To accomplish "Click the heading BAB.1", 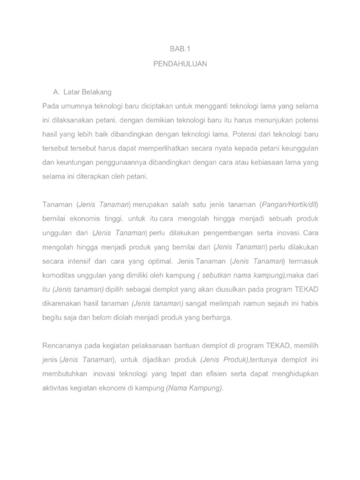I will [180, 48].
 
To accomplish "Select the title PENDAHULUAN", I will [180, 64].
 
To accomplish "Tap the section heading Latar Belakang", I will [90, 91].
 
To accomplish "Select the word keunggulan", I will [299, 149].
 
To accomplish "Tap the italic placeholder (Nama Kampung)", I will [195, 388].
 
